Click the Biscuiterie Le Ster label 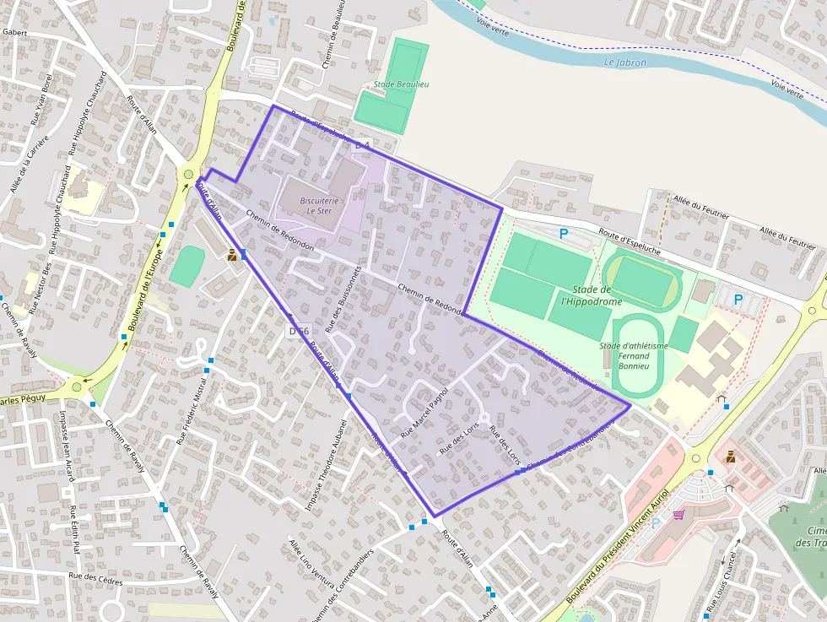(x=320, y=206)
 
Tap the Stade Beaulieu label (x=402, y=84)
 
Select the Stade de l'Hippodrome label (x=592, y=295)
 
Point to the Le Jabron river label (x=625, y=62)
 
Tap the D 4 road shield (x=363, y=146)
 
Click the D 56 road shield (x=299, y=331)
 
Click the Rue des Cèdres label (x=95, y=580)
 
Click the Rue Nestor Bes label (x=40, y=288)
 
